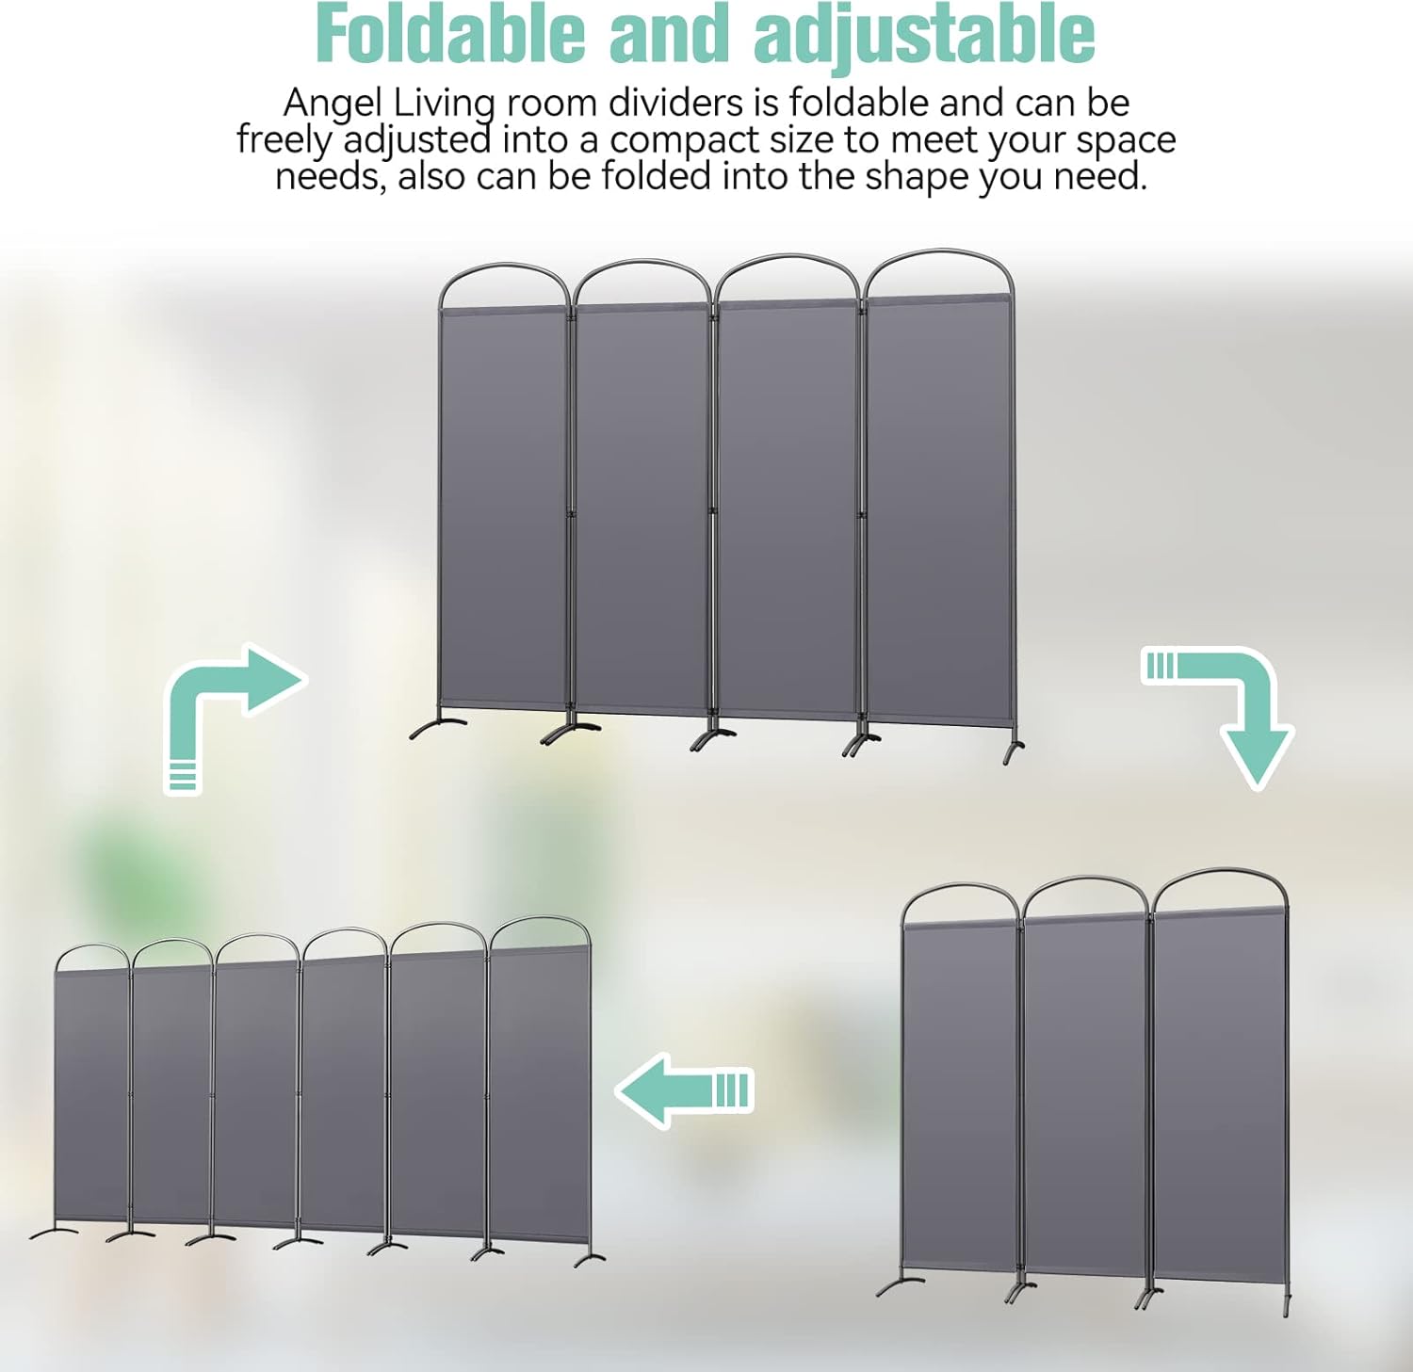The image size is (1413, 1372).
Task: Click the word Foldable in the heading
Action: click(450, 34)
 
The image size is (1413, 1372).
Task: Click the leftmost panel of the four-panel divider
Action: click(503, 508)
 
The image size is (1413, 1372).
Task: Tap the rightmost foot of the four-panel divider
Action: click(1014, 751)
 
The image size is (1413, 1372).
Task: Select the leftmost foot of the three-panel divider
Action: click(900, 1284)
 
